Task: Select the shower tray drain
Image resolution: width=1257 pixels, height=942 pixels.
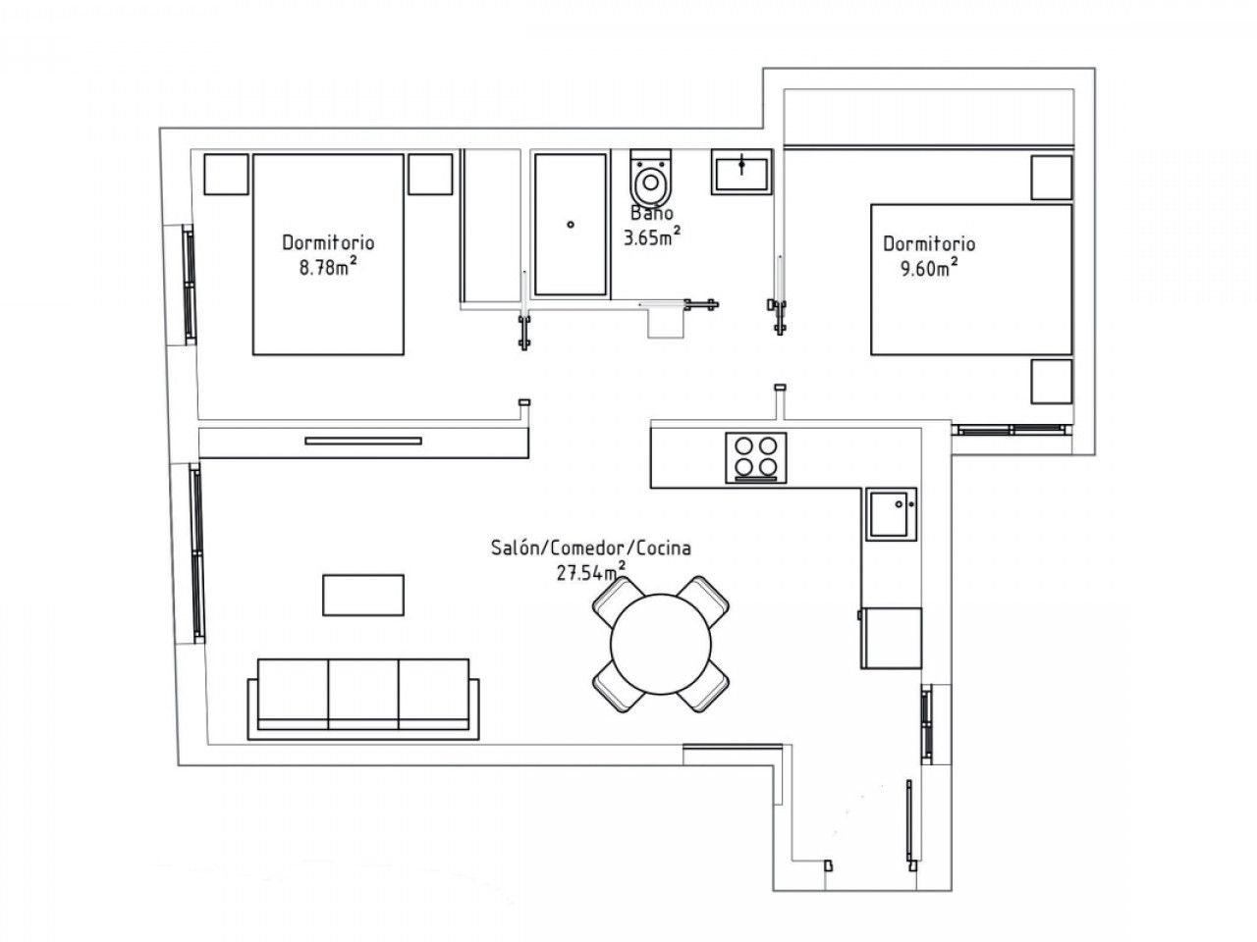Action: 570,224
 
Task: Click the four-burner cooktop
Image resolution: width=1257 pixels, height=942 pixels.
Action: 755,457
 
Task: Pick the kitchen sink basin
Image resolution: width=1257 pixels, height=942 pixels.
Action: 891,513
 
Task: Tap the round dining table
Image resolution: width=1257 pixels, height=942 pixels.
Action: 660,644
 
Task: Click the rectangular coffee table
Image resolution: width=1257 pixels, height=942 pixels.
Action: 363,595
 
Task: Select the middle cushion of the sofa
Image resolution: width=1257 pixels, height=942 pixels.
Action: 363,694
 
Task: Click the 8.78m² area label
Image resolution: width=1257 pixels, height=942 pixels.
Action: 329,267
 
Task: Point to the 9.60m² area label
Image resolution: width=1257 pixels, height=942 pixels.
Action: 930,268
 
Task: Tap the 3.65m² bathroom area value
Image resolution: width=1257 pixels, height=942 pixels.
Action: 652,236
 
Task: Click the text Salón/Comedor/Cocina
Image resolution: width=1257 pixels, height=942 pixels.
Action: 591,548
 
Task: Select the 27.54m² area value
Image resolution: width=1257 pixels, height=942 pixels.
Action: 590,572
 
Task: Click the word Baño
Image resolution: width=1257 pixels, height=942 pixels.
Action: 652,213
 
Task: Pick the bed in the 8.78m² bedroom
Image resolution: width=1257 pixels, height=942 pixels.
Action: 328,254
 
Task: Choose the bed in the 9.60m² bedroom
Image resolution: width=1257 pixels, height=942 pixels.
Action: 970,280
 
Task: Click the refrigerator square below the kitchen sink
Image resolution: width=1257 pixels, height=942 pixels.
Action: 891,638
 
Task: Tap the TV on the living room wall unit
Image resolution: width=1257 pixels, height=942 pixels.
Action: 363,441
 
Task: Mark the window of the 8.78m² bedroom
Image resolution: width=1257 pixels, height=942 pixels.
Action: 189,284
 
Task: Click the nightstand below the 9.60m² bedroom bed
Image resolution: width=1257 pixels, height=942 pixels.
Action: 1052,382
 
